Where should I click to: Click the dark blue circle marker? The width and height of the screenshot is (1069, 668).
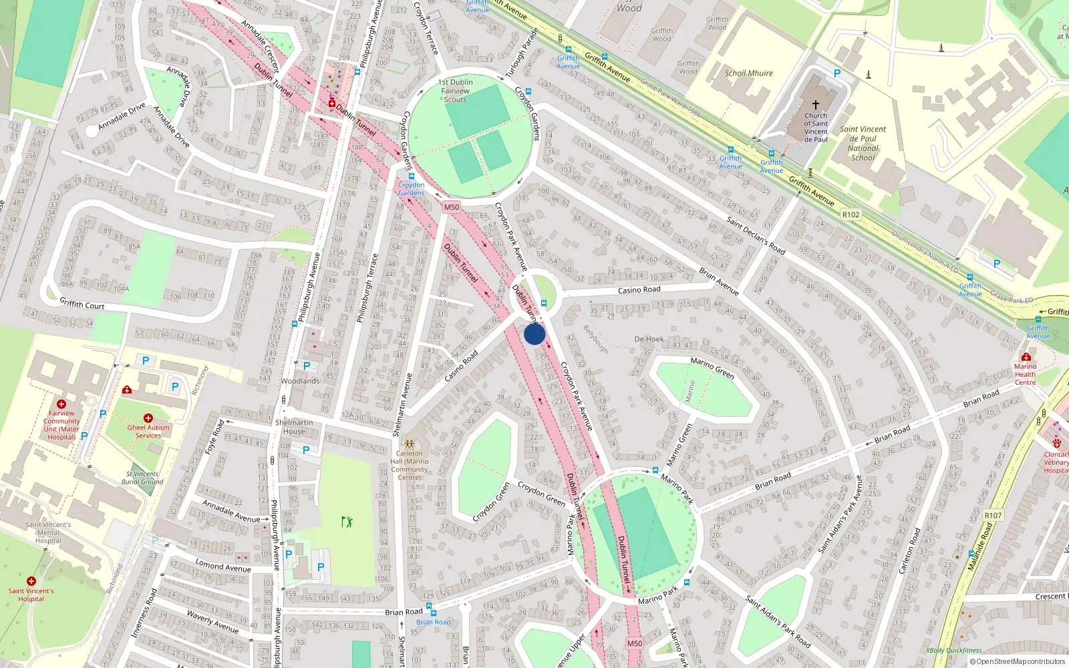tap(534, 334)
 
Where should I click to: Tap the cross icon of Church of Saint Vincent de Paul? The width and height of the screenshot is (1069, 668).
tap(815, 105)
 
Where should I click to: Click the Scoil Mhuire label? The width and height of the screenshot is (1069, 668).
tap(748, 73)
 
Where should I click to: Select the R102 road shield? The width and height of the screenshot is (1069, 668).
tap(851, 214)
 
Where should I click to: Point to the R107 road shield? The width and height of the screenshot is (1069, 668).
tap(993, 515)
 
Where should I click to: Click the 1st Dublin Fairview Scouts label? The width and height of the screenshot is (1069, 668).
tap(455, 91)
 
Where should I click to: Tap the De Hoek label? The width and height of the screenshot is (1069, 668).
tap(649, 339)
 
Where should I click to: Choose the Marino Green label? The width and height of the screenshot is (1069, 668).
tap(712, 367)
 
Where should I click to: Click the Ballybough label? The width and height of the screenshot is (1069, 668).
tap(595, 339)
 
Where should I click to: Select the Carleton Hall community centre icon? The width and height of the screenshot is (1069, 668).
tap(409, 444)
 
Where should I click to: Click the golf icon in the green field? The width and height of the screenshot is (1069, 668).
tap(347, 521)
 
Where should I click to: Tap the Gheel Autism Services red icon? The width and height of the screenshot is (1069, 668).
tap(148, 418)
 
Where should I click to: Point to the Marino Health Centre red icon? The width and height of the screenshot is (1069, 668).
tap(1026, 357)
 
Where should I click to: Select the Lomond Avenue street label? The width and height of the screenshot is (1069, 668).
tap(223, 566)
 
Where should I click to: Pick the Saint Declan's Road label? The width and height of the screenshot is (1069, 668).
tap(756, 236)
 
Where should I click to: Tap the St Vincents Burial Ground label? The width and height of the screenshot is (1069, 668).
tap(143, 478)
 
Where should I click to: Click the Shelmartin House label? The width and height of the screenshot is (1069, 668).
tap(293, 427)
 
